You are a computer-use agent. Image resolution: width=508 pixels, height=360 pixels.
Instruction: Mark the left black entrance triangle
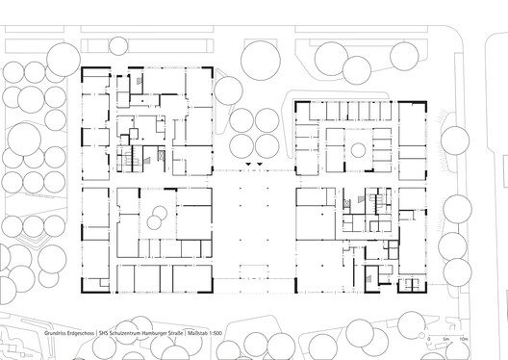click(246, 167)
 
